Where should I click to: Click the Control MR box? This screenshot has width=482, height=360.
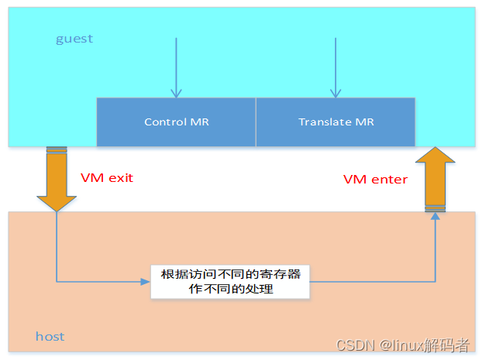[176, 122]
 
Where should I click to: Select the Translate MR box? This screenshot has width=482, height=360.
[336, 122]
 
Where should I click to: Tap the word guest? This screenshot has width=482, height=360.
[74, 39]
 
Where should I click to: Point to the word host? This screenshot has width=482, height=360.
[50, 336]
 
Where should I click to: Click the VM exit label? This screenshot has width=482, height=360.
[107, 178]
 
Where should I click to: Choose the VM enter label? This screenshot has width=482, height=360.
[375, 180]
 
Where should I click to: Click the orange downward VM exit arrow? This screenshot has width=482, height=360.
[57, 182]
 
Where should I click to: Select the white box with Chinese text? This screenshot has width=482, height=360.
[230, 282]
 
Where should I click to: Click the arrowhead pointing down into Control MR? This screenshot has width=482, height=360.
[177, 93]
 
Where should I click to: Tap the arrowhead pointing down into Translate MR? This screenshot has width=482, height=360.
[336, 93]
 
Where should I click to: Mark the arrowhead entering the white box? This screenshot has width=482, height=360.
[145, 282]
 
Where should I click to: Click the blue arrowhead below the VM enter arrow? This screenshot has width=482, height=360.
[435, 216]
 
